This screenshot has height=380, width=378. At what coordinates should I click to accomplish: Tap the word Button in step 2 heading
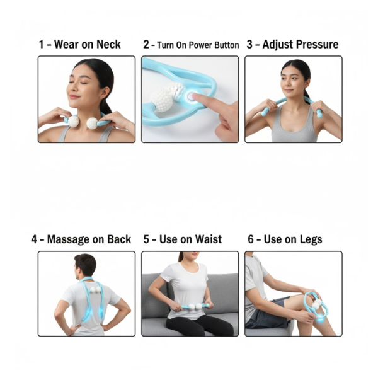coord(225,45)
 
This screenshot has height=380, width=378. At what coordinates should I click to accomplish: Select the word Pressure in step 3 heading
coord(318,44)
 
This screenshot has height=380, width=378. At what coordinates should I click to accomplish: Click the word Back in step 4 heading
coord(118,239)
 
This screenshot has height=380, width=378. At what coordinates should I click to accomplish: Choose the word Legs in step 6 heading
coord(311,239)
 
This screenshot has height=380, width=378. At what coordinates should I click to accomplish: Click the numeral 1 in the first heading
coord(41,44)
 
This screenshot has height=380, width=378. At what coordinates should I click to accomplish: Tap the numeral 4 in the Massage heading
coord(34,239)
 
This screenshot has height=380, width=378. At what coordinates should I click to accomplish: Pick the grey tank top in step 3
coord(293,129)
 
